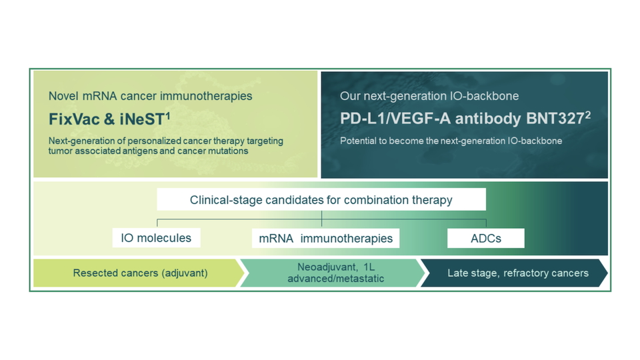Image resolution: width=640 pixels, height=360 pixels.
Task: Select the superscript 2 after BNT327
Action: click(587, 115)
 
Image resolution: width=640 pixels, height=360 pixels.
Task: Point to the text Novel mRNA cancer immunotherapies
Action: click(150, 96)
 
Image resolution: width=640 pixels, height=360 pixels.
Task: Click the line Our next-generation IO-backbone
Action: click(429, 96)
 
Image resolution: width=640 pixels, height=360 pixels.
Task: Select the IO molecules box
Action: click(156, 238)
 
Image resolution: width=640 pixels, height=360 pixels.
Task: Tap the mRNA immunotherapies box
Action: click(325, 238)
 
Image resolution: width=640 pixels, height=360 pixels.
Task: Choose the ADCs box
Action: click(485, 238)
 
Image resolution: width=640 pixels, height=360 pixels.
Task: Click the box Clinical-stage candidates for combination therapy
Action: click(321, 200)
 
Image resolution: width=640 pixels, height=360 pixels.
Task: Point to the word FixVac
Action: click(71, 120)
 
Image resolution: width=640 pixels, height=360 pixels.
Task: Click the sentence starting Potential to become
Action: click(451, 141)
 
